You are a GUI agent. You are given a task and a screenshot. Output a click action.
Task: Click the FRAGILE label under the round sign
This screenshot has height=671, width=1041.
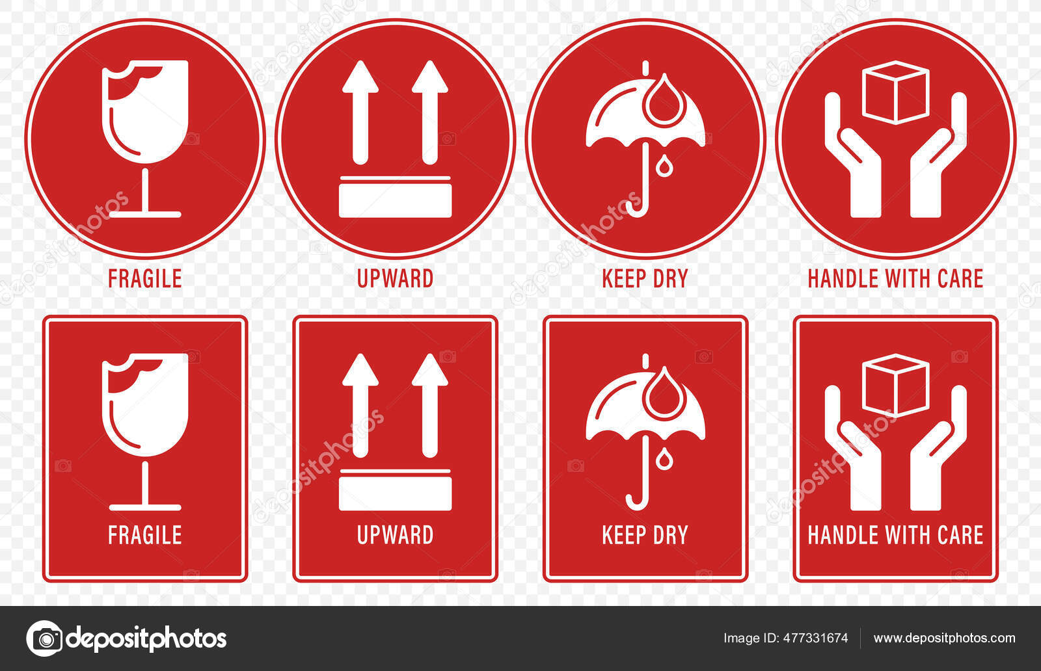click(x=144, y=278)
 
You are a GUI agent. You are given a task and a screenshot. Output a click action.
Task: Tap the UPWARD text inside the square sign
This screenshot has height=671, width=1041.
click(x=395, y=535)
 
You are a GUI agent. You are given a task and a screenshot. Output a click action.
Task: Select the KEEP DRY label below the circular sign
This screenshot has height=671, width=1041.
click(x=644, y=278)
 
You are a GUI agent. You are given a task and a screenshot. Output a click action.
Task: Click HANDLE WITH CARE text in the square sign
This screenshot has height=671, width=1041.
click(x=895, y=535)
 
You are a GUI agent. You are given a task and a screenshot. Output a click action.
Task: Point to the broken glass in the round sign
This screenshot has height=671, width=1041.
click(x=145, y=111)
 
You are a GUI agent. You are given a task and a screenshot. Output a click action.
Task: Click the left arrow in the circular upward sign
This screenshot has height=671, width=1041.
click(x=360, y=111)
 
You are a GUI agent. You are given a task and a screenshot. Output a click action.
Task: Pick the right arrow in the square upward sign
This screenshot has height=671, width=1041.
click(x=429, y=403)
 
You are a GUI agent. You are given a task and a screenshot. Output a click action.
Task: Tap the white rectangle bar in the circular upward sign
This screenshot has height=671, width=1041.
click(x=395, y=200)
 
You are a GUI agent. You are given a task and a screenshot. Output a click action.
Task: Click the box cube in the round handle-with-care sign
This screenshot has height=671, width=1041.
click(x=895, y=92)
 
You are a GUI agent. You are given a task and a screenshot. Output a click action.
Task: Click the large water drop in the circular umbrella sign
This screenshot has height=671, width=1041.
click(x=664, y=101)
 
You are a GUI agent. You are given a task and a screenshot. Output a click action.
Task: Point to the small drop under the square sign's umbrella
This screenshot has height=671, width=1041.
click(x=664, y=459)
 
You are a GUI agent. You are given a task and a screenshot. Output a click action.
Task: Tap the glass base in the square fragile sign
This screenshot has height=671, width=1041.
click(x=145, y=507)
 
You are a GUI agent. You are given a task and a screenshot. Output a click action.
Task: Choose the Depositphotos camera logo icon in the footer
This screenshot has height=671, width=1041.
click(x=44, y=638)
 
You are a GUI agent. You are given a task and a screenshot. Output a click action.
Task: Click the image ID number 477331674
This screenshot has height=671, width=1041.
click(x=815, y=638)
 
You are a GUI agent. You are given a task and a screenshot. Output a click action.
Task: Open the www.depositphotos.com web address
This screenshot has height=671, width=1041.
click(x=944, y=638)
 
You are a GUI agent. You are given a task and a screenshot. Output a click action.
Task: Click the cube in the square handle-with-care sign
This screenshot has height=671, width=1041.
click(x=895, y=385)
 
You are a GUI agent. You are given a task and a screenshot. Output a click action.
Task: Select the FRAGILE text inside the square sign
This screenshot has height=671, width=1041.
click(x=144, y=535)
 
